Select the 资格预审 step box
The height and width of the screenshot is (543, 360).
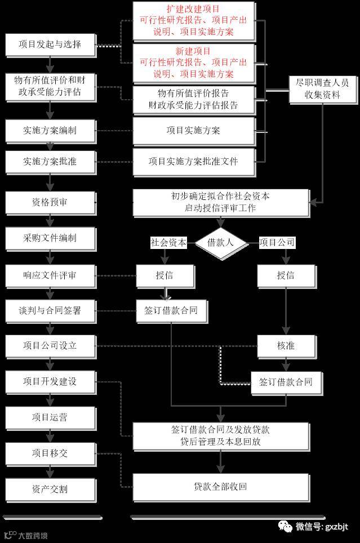click(50, 202)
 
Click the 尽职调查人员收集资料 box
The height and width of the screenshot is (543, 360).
click(323, 89)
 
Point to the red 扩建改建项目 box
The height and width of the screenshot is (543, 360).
click(193, 21)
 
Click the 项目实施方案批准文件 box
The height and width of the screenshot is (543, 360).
click(193, 161)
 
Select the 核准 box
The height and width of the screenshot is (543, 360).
click(286, 345)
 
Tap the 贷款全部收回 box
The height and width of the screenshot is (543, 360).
click(220, 487)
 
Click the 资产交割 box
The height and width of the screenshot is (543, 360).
click(50, 488)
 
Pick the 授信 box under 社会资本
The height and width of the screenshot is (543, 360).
click(165, 275)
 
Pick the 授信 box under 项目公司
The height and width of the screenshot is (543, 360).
click(286, 275)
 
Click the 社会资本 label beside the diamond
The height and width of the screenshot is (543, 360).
click(168, 242)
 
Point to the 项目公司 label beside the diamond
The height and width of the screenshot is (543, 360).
click(277, 242)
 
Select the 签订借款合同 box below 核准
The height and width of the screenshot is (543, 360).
click(286, 382)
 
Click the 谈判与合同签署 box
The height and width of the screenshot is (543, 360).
click(50, 310)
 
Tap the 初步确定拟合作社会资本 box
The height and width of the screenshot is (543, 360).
click(220, 202)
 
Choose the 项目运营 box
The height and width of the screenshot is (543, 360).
click(50, 417)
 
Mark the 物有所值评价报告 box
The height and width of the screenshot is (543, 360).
click(193, 99)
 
